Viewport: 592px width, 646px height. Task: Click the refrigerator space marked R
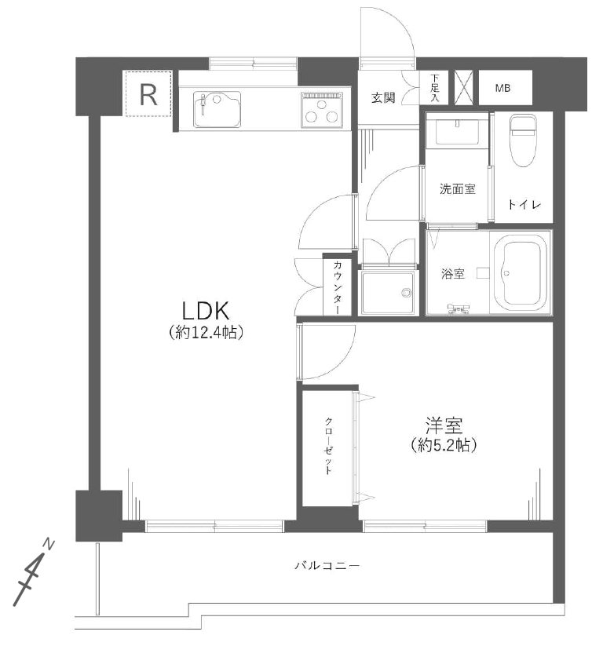pyautogui.click(x=148, y=93)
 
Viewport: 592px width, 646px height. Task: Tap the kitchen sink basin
pyautogui.click(x=217, y=109)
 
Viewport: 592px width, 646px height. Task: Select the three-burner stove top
pyautogui.click(x=322, y=110)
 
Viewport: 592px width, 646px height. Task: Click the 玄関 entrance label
pyautogui.click(x=383, y=97)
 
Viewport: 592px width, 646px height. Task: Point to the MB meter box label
pyautogui.click(x=502, y=88)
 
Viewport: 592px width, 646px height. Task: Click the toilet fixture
pyautogui.click(x=523, y=141)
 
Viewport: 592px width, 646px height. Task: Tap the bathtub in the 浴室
pyautogui.click(x=521, y=274)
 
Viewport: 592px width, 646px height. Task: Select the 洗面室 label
pyautogui.click(x=457, y=189)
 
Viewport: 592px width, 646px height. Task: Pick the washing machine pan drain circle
pyautogui.click(x=407, y=293)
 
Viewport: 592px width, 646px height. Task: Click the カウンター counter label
pyautogui.click(x=338, y=287)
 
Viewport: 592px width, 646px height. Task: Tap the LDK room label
pyautogui.click(x=206, y=311)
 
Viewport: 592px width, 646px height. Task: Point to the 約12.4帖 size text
pyautogui.click(x=206, y=332)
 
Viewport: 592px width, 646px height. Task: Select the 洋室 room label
pyautogui.click(x=444, y=425)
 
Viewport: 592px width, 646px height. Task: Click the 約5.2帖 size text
pyautogui.click(x=444, y=445)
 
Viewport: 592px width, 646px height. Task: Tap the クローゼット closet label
pyautogui.click(x=328, y=446)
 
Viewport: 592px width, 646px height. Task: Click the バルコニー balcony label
pyautogui.click(x=327, y=565)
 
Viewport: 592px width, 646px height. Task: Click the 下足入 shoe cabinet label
pyautogui.click(x=435, y=88)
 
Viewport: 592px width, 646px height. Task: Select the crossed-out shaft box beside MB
pyautogui.click(x=464, y=87)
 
